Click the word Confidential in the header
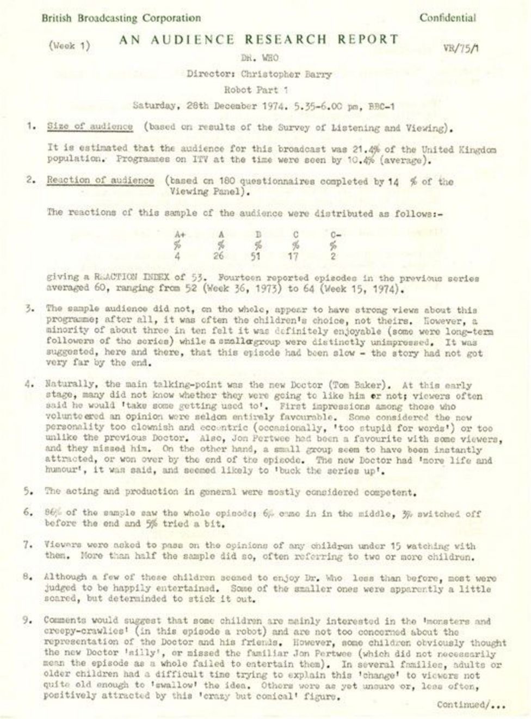(x=447, y=18)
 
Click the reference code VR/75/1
(x=461, y=48)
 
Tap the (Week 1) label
(x=69, y=46)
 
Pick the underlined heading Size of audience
(x=90, y=127)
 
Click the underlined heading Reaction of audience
(x=100, y=181)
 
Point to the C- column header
(x=336, y=235)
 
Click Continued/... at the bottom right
(x=471, y=705)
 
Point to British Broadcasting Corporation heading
(x=121, y=18)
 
